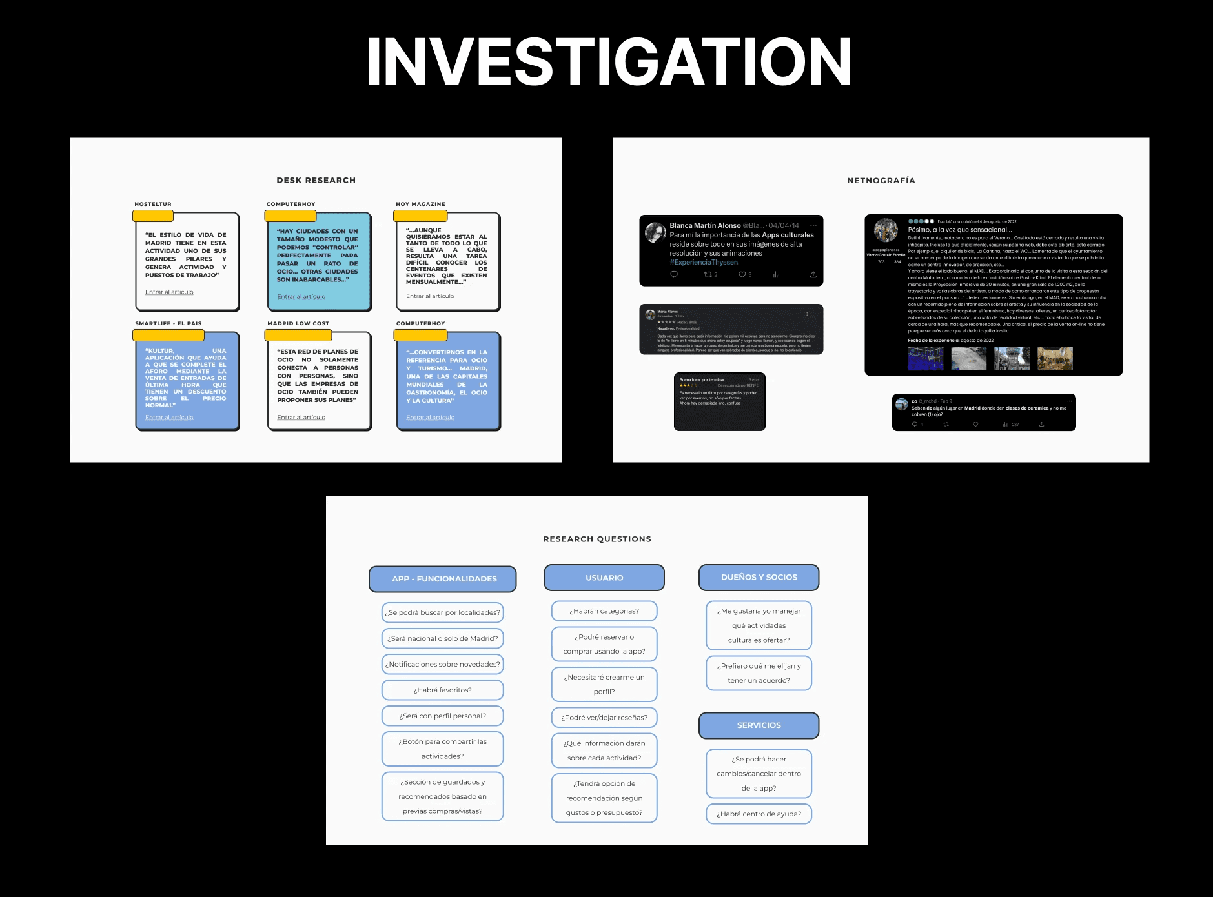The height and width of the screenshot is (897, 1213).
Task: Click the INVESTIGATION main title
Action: pos(609,62)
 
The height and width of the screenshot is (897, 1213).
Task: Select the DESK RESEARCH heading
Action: pos(316,181)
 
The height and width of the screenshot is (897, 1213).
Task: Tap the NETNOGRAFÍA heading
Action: pos(881,181)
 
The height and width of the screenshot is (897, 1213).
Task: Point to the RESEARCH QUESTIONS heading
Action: pos(597,539)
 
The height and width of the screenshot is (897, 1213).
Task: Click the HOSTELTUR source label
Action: pos(153,204)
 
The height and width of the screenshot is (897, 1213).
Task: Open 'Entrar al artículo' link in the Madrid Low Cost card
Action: pos(301,418)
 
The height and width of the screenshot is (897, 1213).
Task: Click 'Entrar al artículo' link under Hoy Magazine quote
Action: pos(430,296)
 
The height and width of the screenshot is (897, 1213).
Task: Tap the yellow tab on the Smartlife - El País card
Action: pos(168,336)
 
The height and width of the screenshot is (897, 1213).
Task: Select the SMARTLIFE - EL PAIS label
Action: pos(168,323)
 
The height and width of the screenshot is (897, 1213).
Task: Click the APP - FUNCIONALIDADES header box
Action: pos(443,579)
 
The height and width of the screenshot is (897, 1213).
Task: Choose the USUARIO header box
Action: pos(604,578)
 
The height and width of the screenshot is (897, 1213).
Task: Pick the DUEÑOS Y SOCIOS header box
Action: pos(759,578)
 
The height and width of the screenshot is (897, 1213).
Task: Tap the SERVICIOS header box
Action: pos(759,725)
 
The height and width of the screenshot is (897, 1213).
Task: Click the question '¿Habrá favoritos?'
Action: pos(443,690)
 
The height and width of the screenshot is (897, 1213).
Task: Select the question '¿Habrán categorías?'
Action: pos(604,611)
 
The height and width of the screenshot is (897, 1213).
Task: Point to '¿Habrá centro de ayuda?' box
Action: pos(759,814)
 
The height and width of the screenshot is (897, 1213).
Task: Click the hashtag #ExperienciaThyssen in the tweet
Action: pos(704,263)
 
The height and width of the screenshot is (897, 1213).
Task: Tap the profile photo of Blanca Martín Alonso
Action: pos(655,233)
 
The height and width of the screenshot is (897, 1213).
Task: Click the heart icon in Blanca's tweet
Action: pos(742,275)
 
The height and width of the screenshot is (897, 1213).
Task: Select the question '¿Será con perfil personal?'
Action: pos(443,716)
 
